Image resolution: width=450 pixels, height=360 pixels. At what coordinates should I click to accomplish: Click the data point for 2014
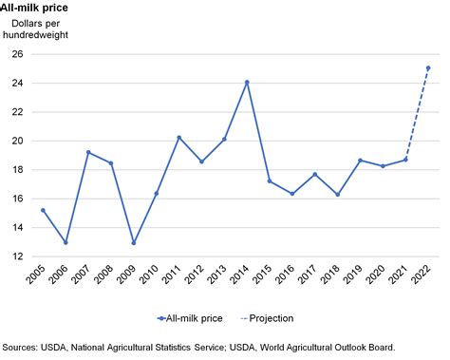[247, 82]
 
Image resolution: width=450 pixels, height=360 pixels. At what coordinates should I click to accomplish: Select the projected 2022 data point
[428, 67]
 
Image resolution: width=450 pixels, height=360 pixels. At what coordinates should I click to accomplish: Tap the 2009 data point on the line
[133, 242]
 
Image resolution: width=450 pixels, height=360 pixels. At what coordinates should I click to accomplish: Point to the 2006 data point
[66, 242]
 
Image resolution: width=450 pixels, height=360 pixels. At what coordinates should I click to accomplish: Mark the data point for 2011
[178, 138]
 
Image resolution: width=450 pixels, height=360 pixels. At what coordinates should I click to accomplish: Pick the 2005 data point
[43, 210]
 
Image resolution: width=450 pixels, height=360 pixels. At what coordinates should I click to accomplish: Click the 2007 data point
[88, 152]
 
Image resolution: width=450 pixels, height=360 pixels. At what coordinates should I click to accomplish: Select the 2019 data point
[360, 161]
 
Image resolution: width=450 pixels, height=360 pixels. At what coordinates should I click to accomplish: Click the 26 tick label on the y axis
[17, 54]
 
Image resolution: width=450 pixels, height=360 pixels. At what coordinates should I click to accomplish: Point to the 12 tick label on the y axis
[17, 256]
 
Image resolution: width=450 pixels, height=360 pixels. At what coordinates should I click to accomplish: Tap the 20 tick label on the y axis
[17, 141]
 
